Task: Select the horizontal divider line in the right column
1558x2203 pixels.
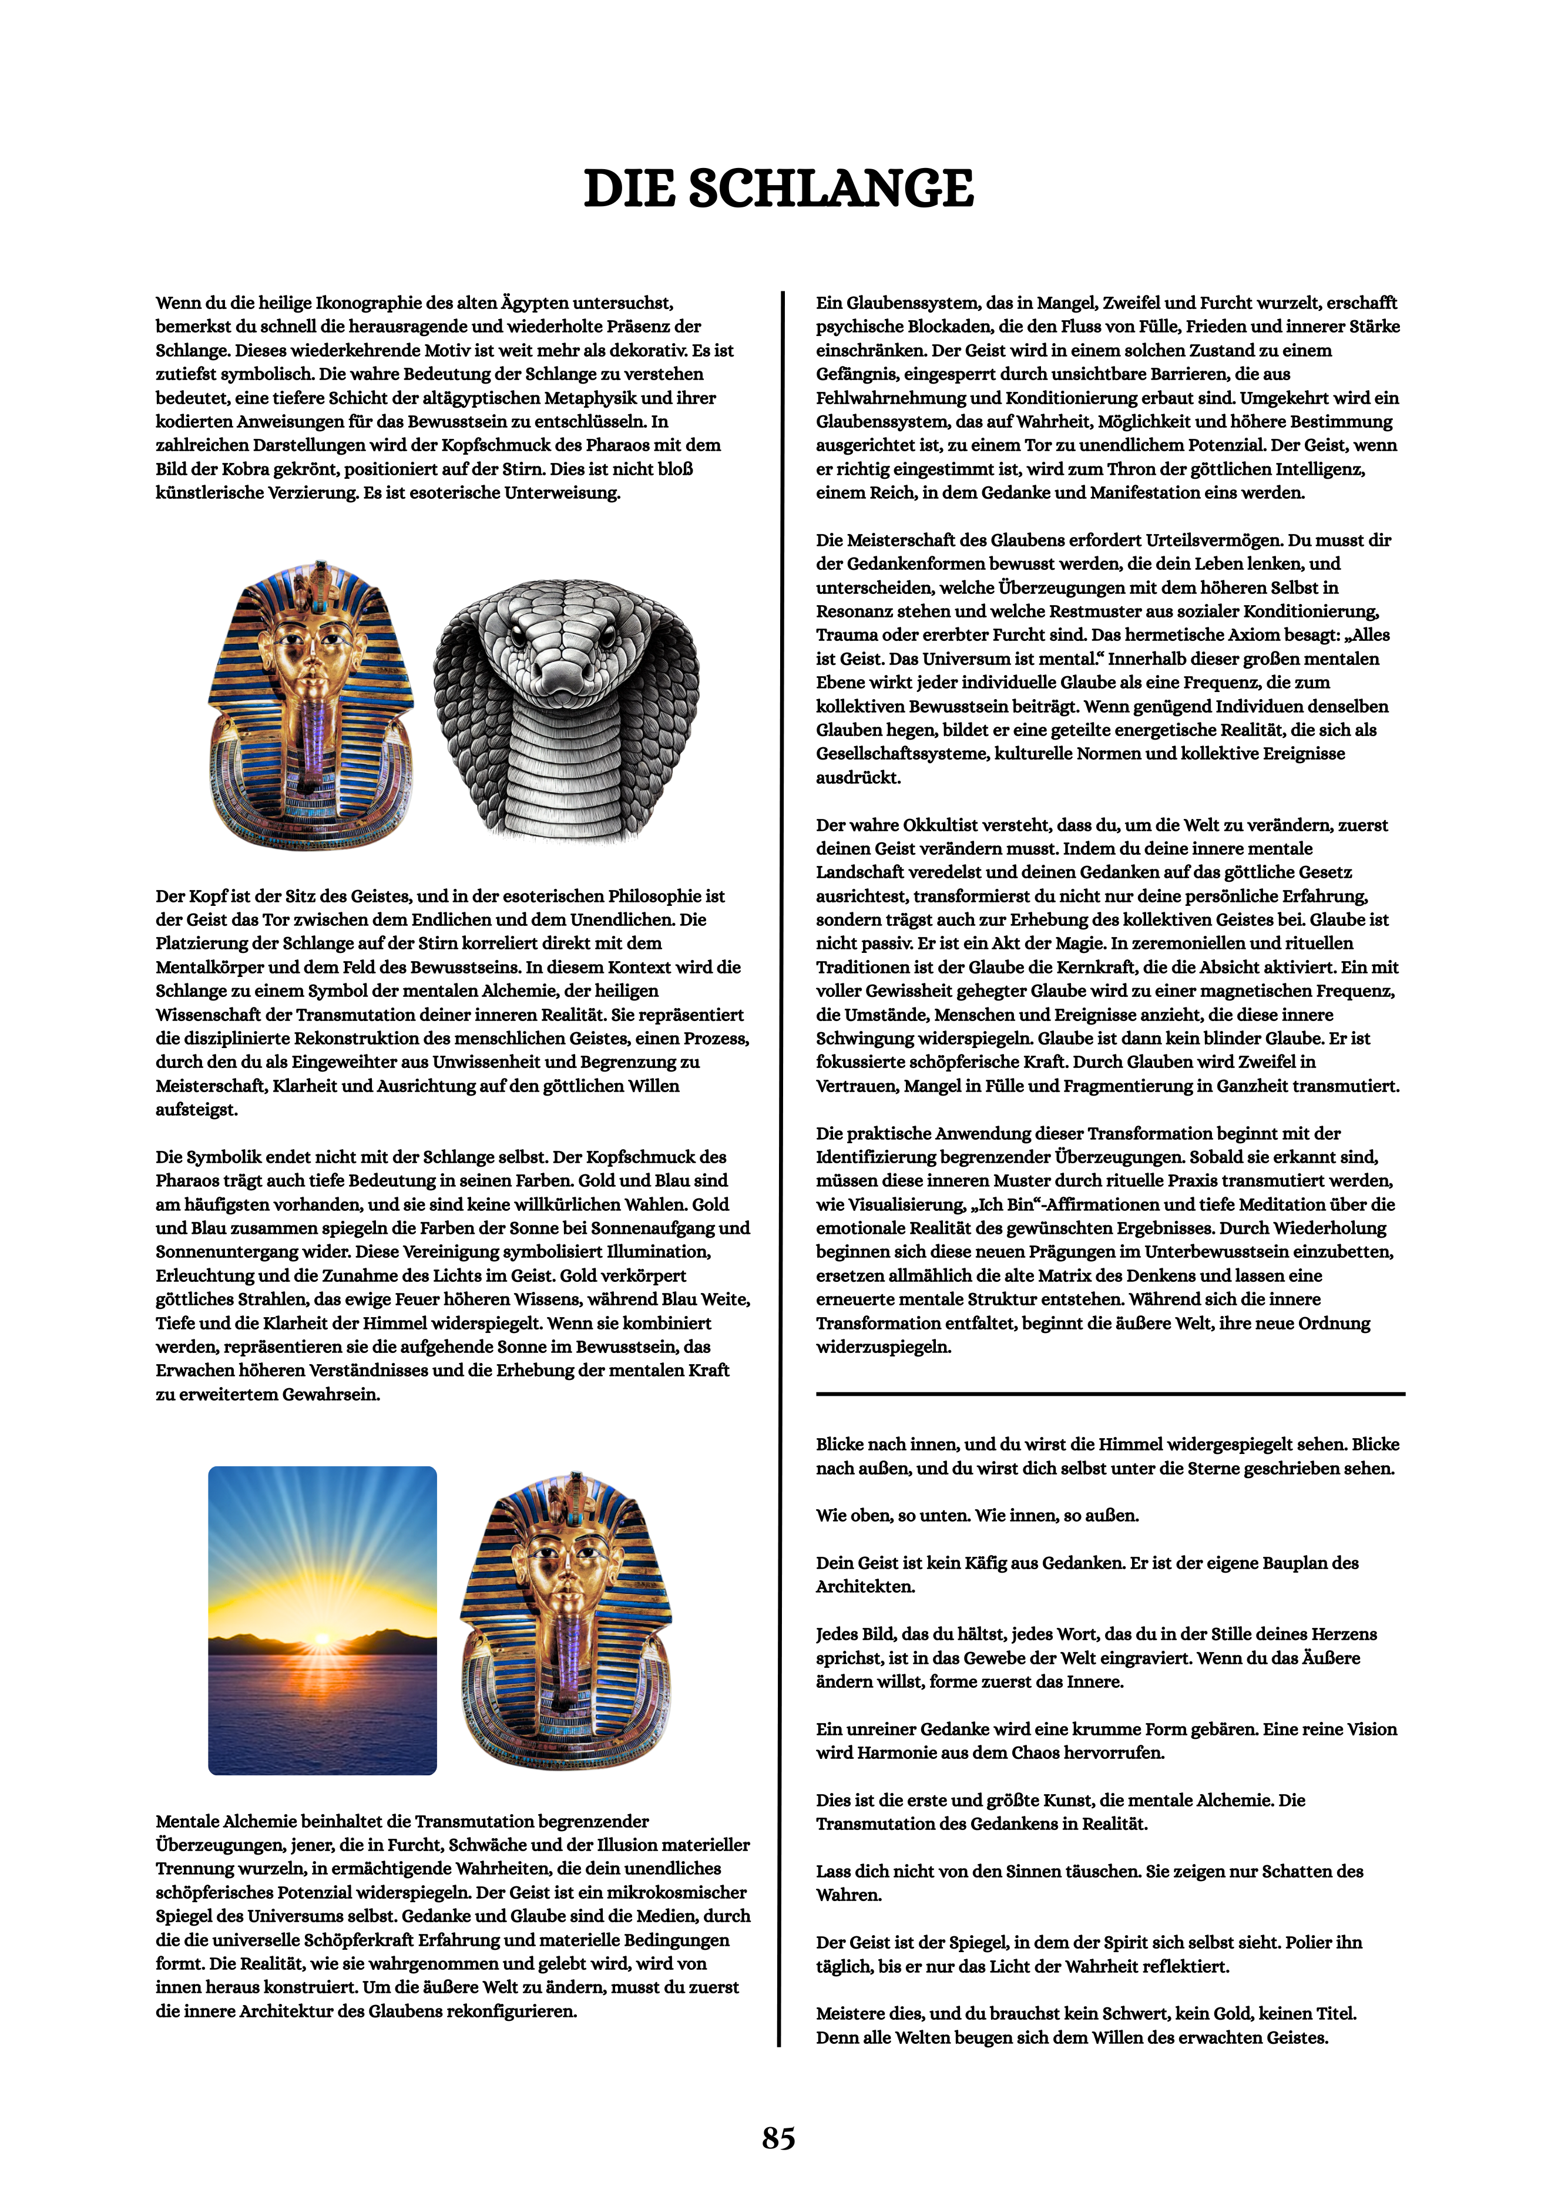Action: [x=1110, y=1393]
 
